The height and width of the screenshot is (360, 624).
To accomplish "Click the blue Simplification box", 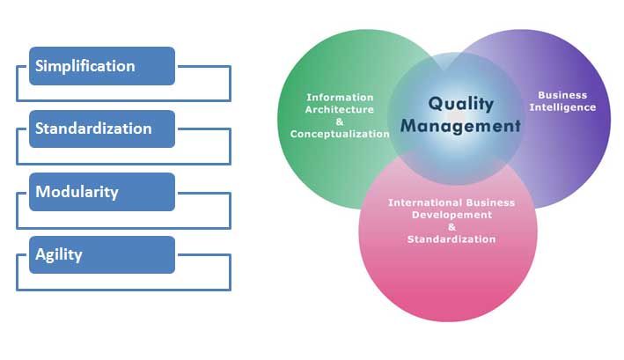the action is (102, 66).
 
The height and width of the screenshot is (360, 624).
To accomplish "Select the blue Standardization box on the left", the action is (102, 129).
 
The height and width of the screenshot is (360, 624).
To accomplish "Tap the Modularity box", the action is (102, 192).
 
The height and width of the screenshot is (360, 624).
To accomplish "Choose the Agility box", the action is (102, 254).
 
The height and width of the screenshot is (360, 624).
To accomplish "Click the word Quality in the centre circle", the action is (461, 104).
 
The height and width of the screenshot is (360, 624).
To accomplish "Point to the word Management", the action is (460, 126).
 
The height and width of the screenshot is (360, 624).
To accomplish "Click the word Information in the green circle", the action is (340, 98).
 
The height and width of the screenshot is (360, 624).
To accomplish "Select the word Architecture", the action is (340, 109).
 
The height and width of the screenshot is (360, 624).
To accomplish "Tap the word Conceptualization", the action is (340, 134).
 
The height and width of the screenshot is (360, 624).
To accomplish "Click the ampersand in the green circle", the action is (340, 121).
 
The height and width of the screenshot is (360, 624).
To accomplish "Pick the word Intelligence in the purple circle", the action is (562, 107).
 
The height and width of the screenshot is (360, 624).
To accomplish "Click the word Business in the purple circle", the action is (562, 95).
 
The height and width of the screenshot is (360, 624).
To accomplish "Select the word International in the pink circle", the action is (425, 202).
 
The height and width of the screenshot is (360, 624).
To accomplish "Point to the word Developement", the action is (451, 215).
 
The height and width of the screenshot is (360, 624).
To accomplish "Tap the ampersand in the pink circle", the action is (451, 227).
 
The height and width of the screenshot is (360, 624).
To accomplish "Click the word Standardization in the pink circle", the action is (451, 239).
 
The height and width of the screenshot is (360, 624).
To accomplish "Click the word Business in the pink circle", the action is (490, 202).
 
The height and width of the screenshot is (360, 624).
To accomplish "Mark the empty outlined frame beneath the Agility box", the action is (124, 290).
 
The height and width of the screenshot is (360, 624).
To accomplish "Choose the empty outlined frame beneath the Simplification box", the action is (124, 100).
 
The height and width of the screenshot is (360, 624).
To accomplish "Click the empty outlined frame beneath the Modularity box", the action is (124, 228).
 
